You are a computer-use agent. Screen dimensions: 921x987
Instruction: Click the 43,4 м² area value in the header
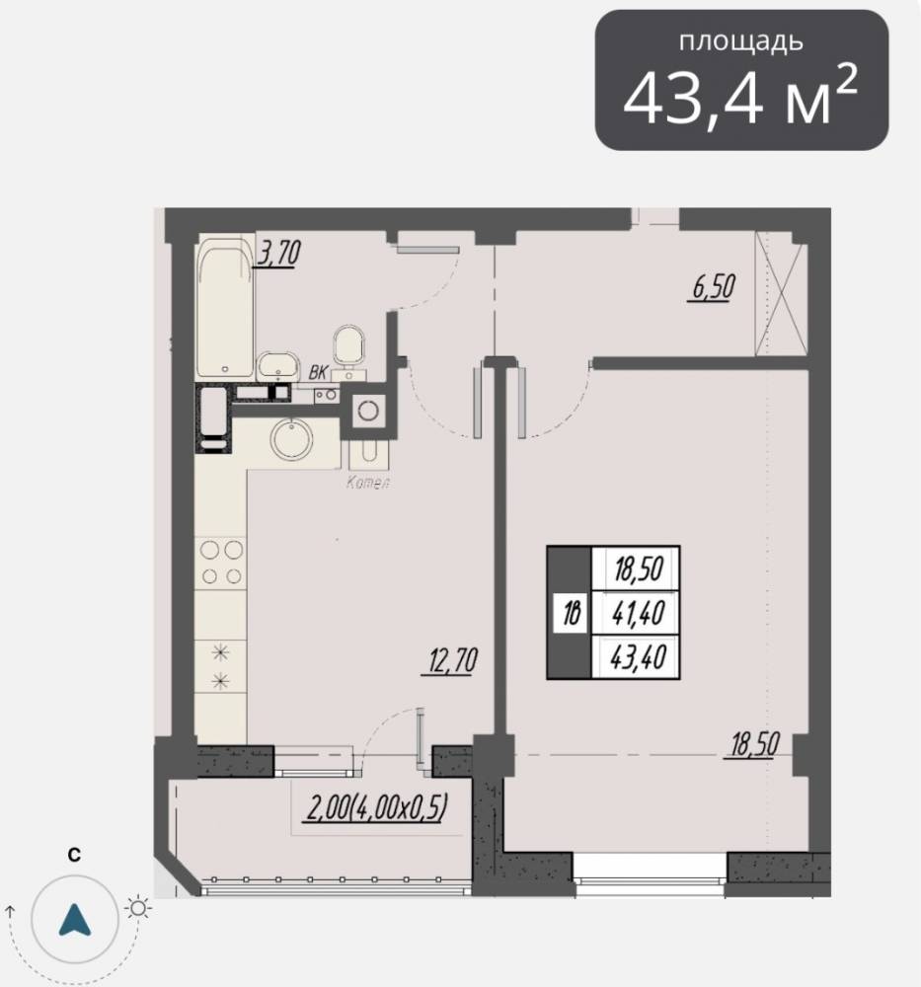click(740, 97)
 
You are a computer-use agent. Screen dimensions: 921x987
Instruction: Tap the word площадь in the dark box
click(741, 41)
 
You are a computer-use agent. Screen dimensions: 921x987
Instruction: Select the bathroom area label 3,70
click(277, 253)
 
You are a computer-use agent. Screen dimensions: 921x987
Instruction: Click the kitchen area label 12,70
click(450, 661)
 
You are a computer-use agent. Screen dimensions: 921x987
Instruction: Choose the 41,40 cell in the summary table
click(637, 613)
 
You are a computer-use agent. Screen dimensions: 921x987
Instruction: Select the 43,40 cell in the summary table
click(637, 657)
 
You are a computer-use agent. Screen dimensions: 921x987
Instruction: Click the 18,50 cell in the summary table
click(637, 569)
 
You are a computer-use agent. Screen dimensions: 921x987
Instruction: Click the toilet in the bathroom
click(348, 352)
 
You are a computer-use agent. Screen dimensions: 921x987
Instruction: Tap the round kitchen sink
click(292, 438)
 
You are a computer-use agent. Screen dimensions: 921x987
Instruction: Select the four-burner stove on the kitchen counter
click(221, 563)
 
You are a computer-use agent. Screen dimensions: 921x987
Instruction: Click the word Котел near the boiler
click(367, 483)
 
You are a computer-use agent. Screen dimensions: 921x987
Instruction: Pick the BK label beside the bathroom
click(318, 373)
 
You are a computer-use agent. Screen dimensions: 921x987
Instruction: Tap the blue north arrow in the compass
click(75, 920)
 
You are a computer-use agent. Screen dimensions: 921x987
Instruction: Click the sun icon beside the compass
click(138, 908)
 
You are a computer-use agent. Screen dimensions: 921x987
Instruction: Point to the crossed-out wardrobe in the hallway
click(781, 294)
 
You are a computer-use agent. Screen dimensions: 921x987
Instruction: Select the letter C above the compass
click(74, 855)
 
